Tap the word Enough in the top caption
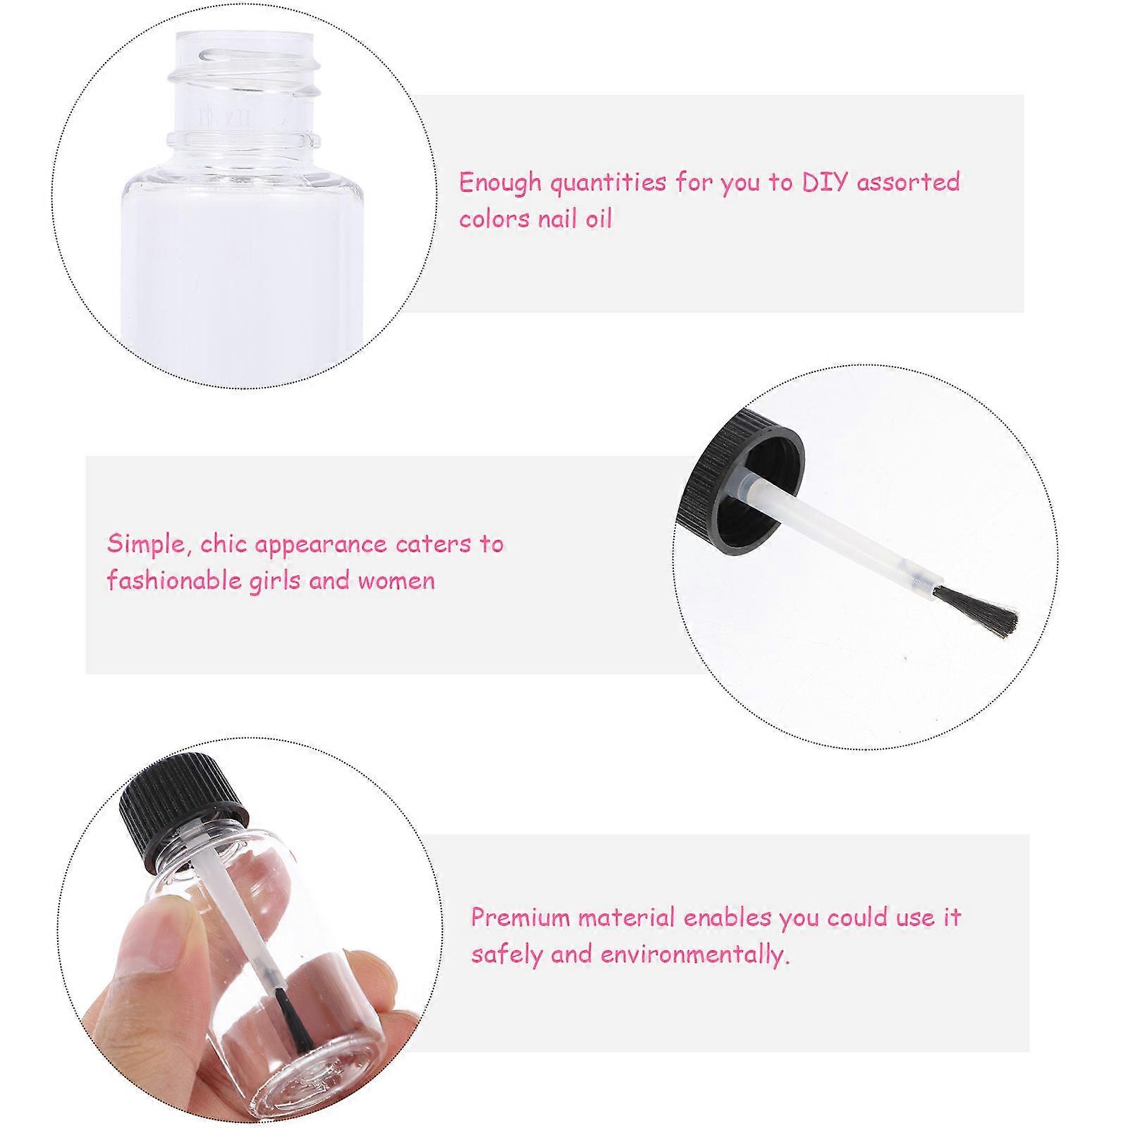coord(500,183)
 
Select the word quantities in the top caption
coord(608,183)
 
